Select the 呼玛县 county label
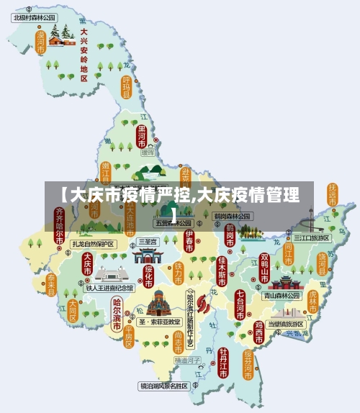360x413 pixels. [x=127, y=87]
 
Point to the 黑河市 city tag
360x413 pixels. [x=142, y=136]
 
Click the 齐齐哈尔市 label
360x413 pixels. [x=59, y=224]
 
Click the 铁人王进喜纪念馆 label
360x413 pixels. [x=110, y=287]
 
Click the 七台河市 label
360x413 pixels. [x=240, y=303]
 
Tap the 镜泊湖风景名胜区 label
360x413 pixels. [x=163, y=386]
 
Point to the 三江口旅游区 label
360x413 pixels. [x=311, y=237]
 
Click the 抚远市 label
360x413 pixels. [x=332, y=195]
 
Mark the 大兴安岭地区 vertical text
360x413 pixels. [x=84, y=53]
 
